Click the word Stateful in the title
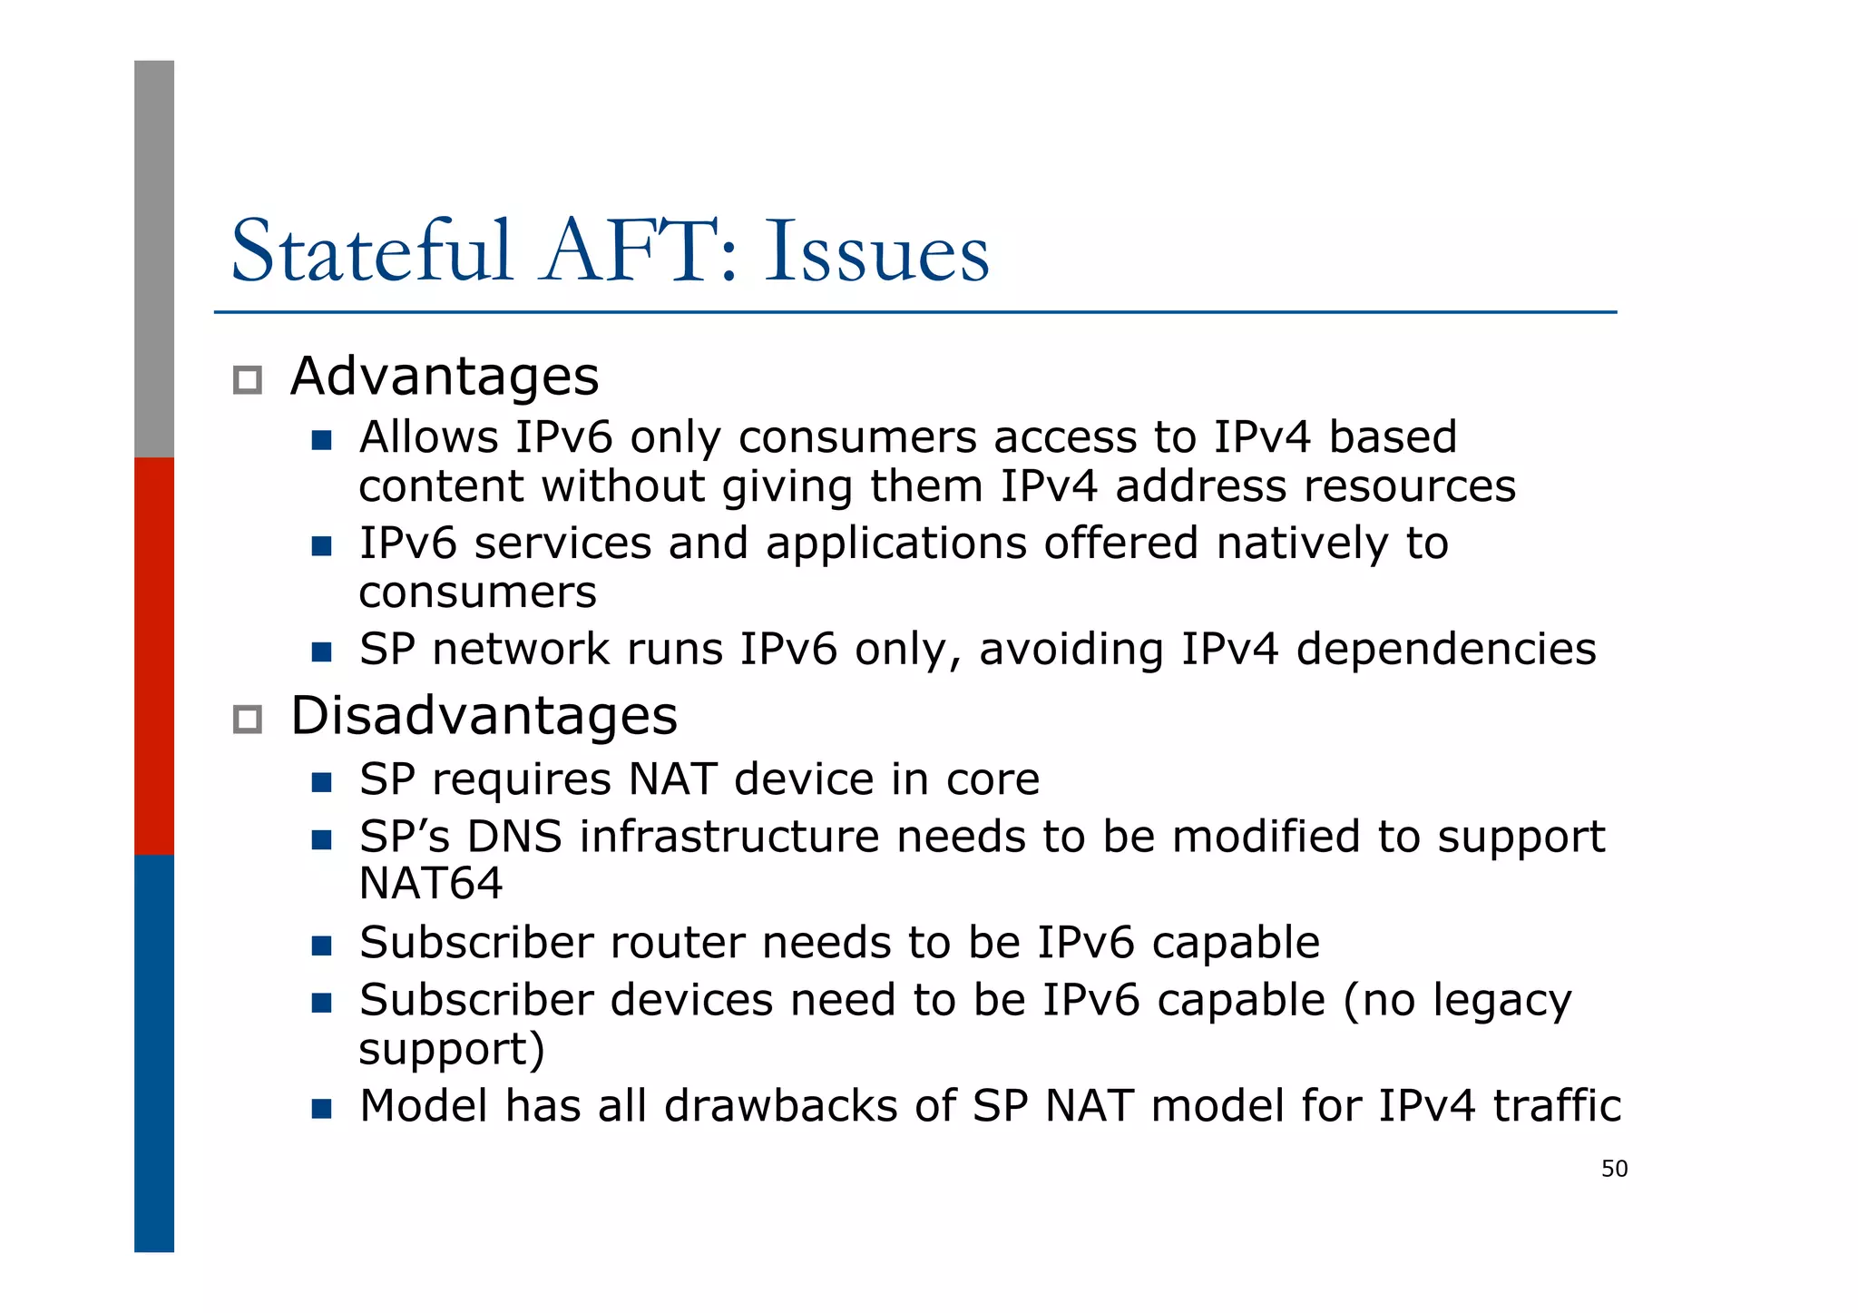click(372, 251)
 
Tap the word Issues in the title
click(876, 251)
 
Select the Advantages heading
click(445, 376)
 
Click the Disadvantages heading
click(484, 715)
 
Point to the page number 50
click(1614, 1169)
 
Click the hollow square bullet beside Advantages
click(248, 380)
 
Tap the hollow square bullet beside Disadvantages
click(248, 720)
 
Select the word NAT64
click(430, 884)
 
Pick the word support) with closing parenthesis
click(452, 1049)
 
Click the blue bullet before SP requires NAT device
click(321, 782)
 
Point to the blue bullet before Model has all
click(321, 1109)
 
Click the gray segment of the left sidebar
click(154, 259)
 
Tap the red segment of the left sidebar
click(154, 655)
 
